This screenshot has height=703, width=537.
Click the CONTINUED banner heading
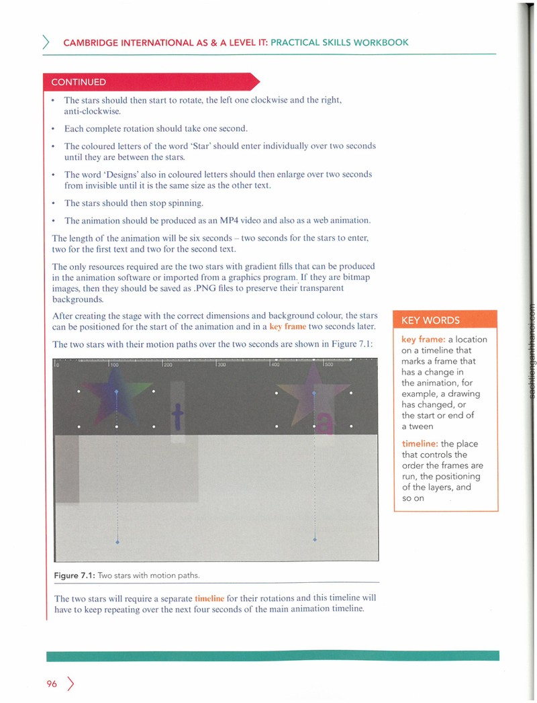tap(79, 82)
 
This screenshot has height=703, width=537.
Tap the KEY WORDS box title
tap(430, 320)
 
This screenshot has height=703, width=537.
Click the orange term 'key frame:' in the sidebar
tap(423, 339)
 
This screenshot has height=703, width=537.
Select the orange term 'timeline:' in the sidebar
tap(420, 443)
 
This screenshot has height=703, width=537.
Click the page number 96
tap(52, 684)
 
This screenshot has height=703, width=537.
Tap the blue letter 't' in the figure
tap(178, 416)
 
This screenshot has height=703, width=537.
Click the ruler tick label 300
tap(222, 365)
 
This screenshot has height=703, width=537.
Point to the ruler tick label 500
tap(328, 365)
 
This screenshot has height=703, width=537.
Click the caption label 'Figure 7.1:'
tap(75, 575)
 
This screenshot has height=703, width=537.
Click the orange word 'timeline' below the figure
tap(209, 598)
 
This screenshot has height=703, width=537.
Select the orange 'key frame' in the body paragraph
tap(288, 327)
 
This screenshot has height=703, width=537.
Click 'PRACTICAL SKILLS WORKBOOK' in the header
tap(340, 42)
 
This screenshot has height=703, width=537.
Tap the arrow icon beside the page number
tap(70, 684)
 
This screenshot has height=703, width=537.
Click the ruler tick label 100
tap(114, 365)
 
